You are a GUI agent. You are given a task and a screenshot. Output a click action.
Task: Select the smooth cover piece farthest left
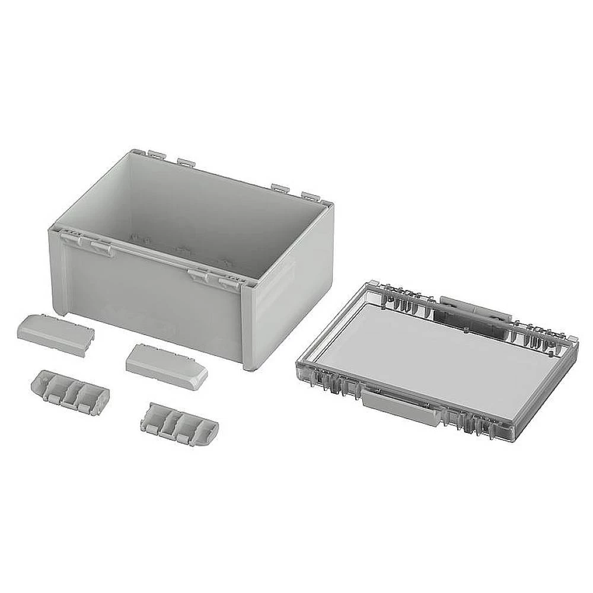click(x=55, y=334)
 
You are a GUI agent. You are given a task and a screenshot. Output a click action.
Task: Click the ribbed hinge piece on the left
click(x=69, y=391)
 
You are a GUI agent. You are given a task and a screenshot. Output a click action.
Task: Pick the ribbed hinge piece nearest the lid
click(x=179, y=424)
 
